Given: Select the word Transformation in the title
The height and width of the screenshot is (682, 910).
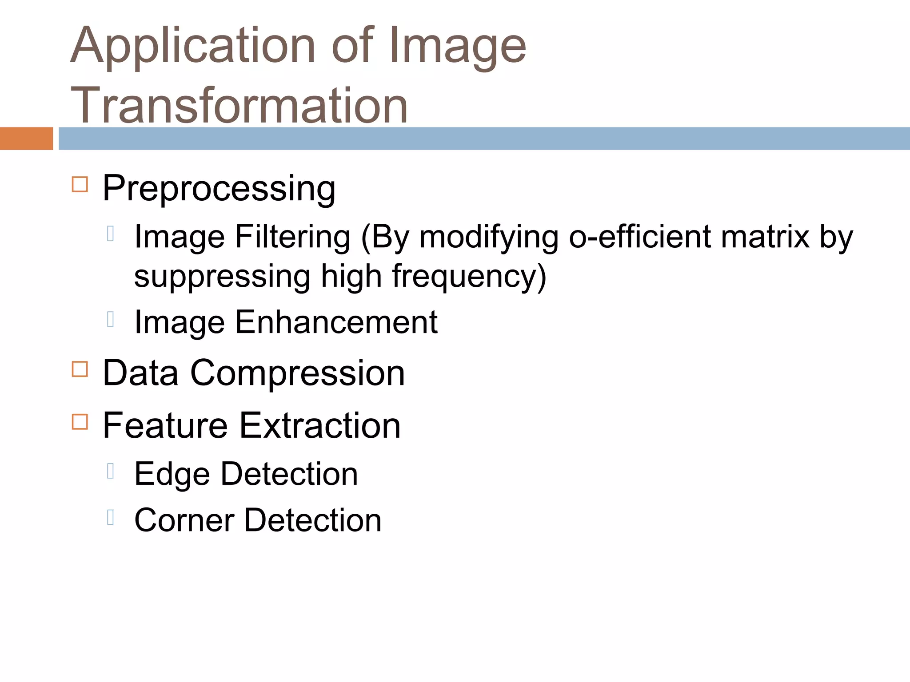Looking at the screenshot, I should (239, 106).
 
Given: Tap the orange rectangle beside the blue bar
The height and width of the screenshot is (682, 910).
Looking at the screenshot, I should (26, 139).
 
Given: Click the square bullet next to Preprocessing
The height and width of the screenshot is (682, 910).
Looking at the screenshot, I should (80, 184).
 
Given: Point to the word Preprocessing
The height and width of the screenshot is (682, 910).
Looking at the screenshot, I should (219, 189).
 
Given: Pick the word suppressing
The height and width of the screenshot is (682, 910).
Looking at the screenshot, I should (222, 276).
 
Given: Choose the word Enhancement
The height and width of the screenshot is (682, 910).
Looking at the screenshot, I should (336, 322).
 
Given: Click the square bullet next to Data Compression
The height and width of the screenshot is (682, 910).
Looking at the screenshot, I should (80, 369).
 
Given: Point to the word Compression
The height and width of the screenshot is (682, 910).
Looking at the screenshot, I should (297, 373).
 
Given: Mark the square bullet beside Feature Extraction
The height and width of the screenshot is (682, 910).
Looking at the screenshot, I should (80, 421).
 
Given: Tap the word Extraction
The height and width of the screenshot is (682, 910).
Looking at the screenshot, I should (320, 426).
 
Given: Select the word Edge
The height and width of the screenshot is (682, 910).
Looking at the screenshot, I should (172, 475).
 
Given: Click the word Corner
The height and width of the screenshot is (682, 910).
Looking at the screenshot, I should (184, 520).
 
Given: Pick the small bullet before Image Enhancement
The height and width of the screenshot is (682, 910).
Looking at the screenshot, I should (111, 319).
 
